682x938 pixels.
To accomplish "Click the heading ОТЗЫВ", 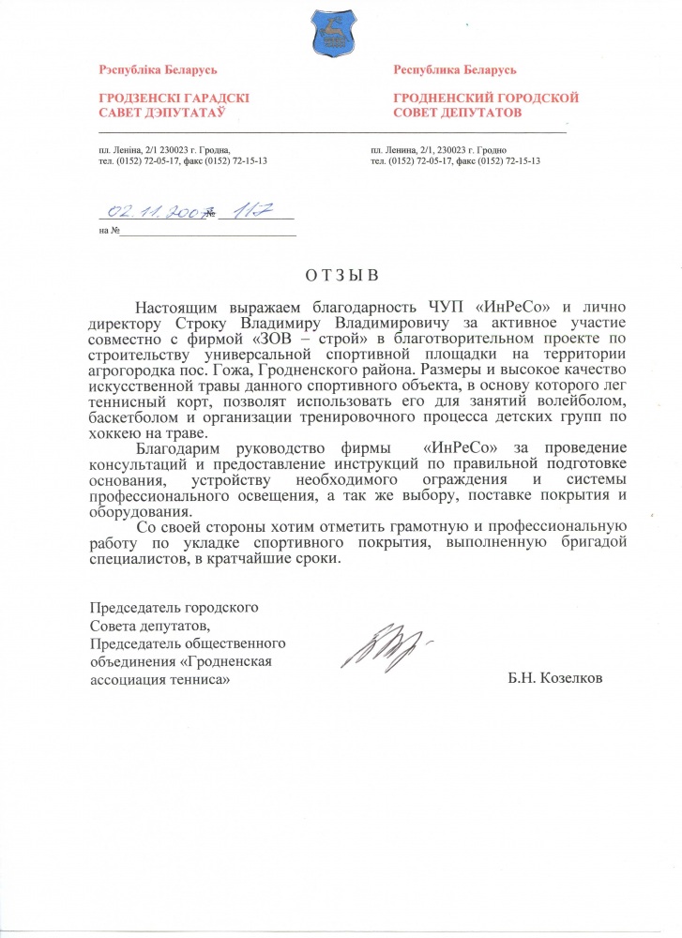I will pyautogui.click(x=341, y=276).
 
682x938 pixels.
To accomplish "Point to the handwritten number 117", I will pyautogui.click(x=250, y=213).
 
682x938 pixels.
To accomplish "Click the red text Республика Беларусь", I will pyautogui.click(x=454, y=70).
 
